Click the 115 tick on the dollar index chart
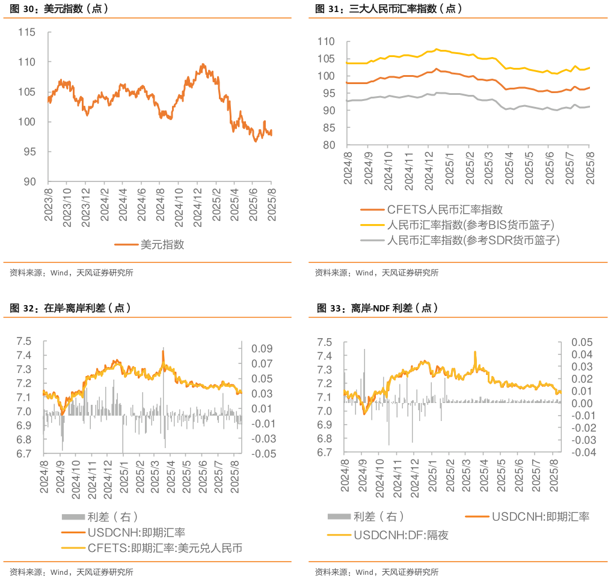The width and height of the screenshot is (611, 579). [26, 32]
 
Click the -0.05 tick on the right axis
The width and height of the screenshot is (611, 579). [260, 454]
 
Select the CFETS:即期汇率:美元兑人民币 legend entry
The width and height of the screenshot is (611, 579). [165, 548]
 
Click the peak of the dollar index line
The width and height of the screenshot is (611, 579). [203, 64]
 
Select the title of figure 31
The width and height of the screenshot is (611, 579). [388, 8]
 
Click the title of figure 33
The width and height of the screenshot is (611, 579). [377, 308]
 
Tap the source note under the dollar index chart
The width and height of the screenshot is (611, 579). [72, 273]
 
